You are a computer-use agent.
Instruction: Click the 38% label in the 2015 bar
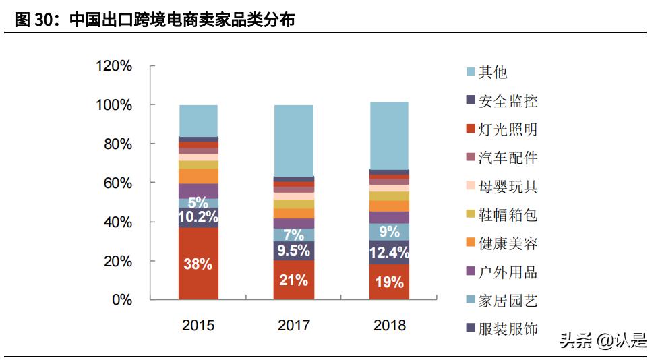(198, 264)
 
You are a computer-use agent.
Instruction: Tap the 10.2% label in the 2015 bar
(198, 217)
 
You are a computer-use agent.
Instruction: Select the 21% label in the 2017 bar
(293, 280)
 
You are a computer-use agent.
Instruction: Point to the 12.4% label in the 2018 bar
(389, 254)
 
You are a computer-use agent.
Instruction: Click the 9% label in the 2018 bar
(389, 232)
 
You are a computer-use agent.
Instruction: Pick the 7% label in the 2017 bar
(293, 235)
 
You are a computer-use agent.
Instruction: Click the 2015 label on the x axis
(198, 326)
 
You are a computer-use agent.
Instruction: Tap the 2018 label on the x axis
(389, 326)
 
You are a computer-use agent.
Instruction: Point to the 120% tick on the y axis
(114, 66)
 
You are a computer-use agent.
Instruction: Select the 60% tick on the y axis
(117, 183)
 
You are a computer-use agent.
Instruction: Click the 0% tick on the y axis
(121, 300)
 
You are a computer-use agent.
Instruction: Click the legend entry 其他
(493, 72)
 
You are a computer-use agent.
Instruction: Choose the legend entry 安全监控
(508, 101)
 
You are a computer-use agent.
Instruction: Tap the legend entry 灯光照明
(508, 129)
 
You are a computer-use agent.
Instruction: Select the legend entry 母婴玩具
(508, 187)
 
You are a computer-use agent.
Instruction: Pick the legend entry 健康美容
(508, 243)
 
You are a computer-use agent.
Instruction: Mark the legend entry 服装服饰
(508, 329)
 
